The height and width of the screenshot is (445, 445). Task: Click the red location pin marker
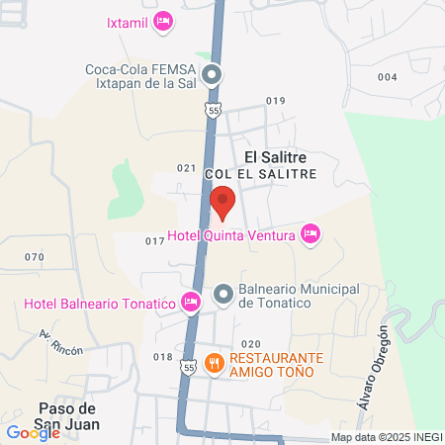(x=222, y=203)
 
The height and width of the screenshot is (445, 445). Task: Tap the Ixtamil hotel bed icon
(x=164, y=21)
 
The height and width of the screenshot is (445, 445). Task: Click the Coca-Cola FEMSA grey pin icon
(x=211, y=74)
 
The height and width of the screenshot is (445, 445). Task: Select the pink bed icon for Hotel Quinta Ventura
(x=310, y=234)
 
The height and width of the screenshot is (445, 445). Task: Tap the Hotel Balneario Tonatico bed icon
(x=191, y=301)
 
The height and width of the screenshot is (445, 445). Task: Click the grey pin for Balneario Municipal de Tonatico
(x=223, y=294)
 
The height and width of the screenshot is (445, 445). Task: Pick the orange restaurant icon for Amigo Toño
(x=215, y=364)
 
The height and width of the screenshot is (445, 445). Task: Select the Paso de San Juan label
(x=67, y=416)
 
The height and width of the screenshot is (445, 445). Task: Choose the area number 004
(x=387, y=77)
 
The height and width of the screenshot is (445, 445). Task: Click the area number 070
(x=36, y=257)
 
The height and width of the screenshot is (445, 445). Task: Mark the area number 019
(x=275, y=101)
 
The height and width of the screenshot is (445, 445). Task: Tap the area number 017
(x=154, y=240)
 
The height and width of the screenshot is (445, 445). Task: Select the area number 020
(x=250, y=343)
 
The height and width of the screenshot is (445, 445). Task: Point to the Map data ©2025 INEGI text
(x=385, y=437)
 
